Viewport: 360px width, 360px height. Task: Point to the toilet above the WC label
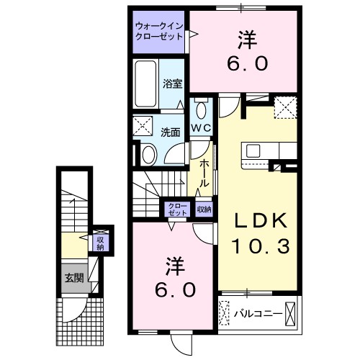pyautogui.click(x=200, y=110)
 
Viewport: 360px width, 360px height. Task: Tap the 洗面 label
pyautogui.click(x=170, y=132)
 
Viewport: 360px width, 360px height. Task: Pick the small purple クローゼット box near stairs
pyautogui.click(x=176, y=210)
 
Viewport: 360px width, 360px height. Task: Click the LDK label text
pyautogui.click(x=258, y=220)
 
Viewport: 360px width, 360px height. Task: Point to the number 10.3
pyautogui.click(x=261, y=247)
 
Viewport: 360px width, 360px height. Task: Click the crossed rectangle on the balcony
pyautogui.click(x=291, y=313)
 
